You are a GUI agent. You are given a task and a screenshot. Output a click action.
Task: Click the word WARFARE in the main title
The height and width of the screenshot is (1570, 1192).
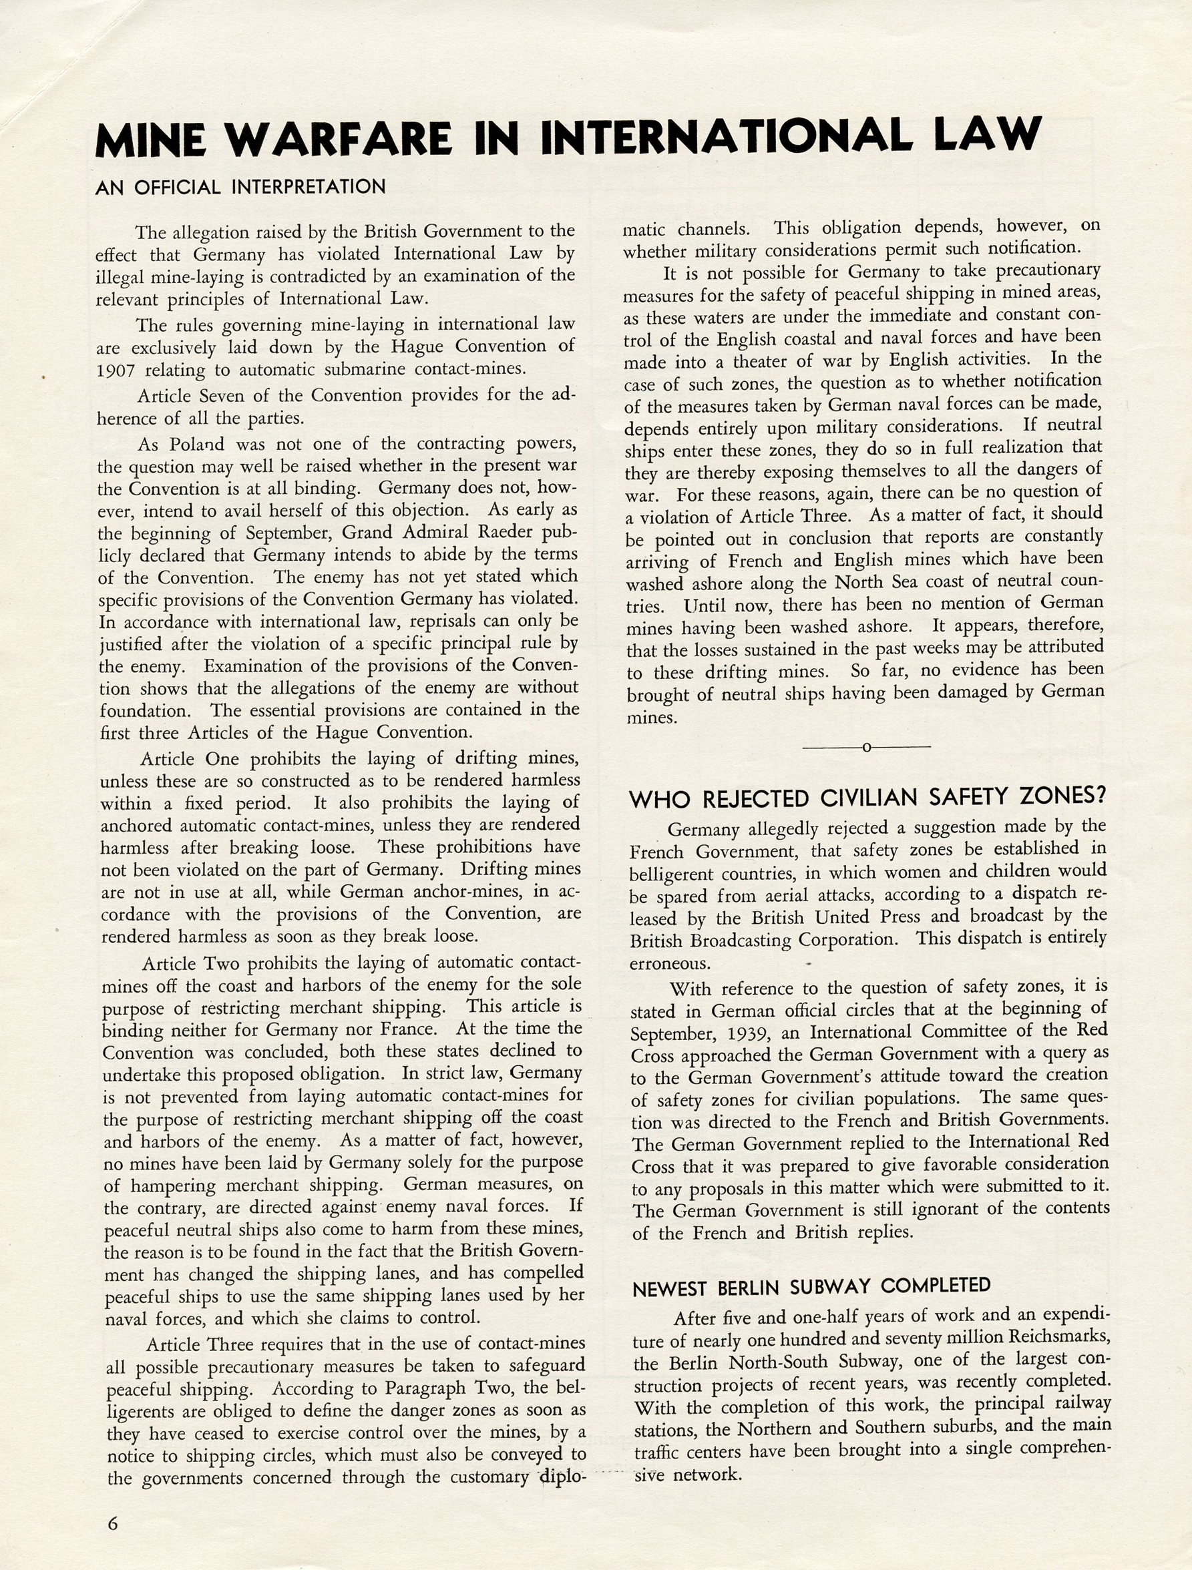point(338,138)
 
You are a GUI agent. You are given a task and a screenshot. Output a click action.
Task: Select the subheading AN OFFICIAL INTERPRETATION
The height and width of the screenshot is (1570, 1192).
point(240,188)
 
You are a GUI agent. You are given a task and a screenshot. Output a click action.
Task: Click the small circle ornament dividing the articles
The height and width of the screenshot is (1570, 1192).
point(866,747)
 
